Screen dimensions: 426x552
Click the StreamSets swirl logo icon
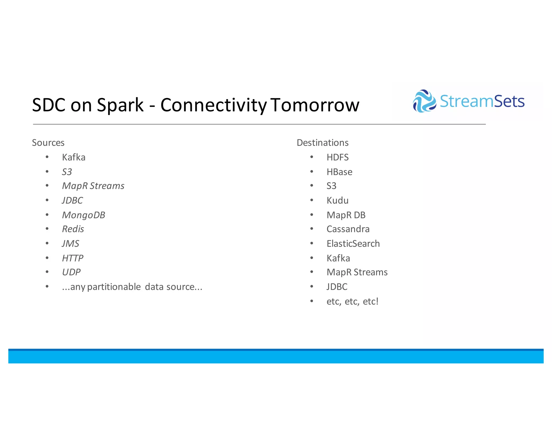[424, 101]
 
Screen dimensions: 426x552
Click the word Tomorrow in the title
[315, 105]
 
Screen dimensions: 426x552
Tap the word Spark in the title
[120, 105]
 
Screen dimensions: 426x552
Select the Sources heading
[48, 143]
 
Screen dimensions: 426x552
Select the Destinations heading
[322, 143]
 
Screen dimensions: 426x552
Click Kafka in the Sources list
[74, 157]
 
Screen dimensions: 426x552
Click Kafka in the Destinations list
[338, 258]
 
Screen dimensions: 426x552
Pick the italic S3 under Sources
[67, 172]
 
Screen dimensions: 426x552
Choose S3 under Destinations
[332, 186]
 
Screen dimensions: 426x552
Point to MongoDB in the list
[84, 215]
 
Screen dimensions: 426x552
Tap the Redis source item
[73, 229]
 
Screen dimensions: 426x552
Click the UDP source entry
[71, 272]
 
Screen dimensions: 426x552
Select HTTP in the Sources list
[73, 258]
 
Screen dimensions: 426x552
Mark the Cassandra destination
[348, 229]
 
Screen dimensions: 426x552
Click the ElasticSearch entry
[353, 244]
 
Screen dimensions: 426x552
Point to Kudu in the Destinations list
[337, 200]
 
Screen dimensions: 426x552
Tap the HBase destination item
[339, 172]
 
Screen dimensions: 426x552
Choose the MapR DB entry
[346, 215]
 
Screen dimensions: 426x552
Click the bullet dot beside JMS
[47, 243]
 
